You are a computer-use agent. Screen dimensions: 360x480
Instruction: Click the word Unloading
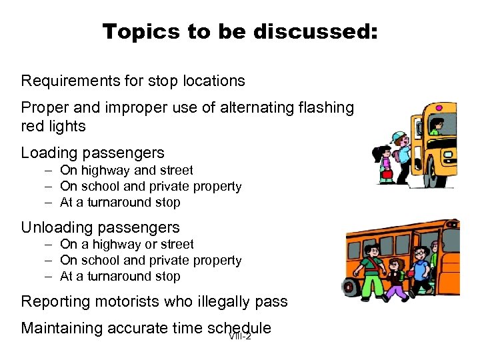click(56, 227)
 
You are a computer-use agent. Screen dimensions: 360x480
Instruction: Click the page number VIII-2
click(239, 336)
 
